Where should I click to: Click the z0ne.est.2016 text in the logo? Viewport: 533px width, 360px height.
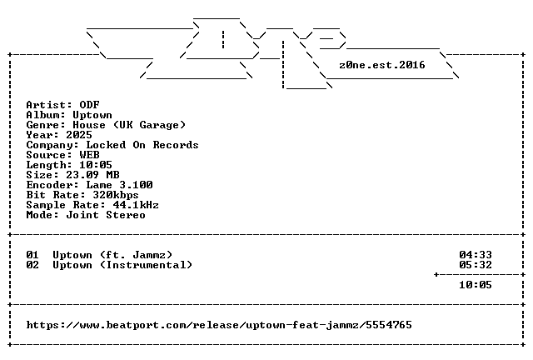[382, 65]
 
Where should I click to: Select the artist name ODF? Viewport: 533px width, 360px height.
[89, 105]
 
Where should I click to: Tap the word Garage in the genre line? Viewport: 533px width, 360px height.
[159, 125]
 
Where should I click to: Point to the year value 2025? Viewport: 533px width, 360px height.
[79, 135]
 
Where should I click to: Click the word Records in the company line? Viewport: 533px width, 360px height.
[176, 145]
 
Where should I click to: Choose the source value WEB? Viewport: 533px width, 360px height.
[89, 155]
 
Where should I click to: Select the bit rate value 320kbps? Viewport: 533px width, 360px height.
[116, 195]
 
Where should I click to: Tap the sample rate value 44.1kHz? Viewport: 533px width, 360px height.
[136, 205]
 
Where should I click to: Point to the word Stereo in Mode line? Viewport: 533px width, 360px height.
[126, 215]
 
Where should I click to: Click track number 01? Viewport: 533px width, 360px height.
[32, 255]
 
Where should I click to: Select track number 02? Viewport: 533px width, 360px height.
[32, 265]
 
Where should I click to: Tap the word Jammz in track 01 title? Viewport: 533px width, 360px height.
[149, 255]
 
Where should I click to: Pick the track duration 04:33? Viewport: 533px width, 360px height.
[476, 255]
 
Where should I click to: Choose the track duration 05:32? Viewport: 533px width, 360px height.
[476, 265]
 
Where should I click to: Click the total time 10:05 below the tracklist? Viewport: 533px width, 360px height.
[476, 285]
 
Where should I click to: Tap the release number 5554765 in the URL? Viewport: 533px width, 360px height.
[389, 325]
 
